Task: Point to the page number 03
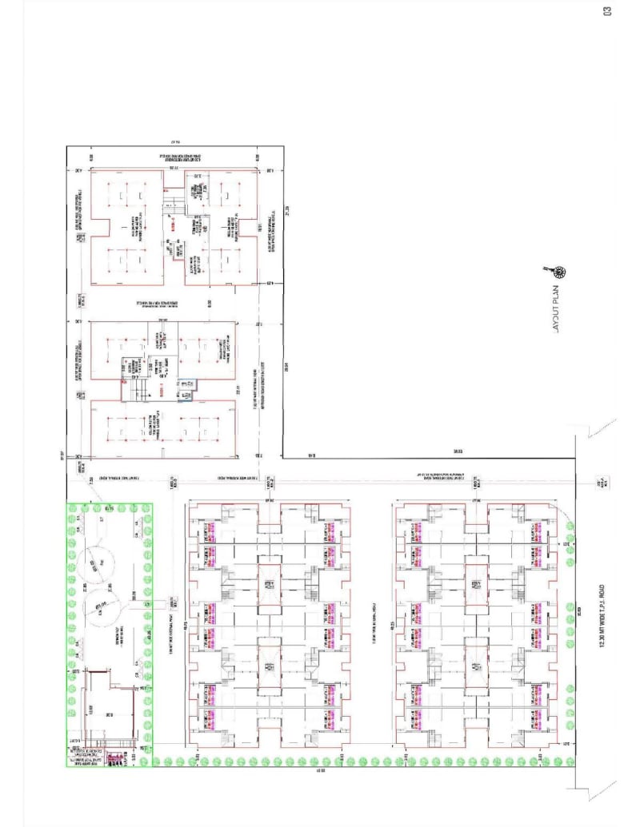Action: pos(609,10)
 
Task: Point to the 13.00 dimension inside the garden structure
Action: pos(90,707)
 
